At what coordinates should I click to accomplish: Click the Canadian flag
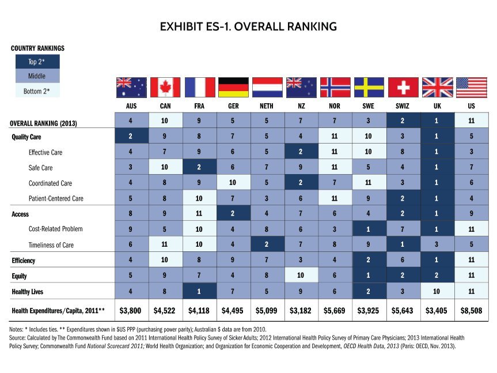point(165,87)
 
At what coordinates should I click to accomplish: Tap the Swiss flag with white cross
point(403,87)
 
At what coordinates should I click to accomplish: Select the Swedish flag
point(369,87)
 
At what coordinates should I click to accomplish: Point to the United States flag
point(471,87)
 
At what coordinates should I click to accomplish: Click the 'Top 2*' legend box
point(35,62)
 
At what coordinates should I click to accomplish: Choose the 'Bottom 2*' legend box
point(35,91)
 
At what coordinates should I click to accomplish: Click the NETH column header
point(267,106)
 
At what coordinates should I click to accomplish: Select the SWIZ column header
point(403,106)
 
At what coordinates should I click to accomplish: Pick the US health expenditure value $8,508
point(471,311)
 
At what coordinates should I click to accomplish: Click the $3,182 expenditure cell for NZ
point(301,311)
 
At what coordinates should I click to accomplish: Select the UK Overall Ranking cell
point(437,121)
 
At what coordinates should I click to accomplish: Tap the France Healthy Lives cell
point(199,291)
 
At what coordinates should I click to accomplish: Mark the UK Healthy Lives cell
point(437,291)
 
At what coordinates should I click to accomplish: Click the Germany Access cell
point(233,214)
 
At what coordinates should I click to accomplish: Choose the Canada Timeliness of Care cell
point(165,244)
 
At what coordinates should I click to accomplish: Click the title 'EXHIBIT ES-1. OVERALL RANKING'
point(248,27)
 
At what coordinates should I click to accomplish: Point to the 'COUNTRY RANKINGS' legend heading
point(37,48)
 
